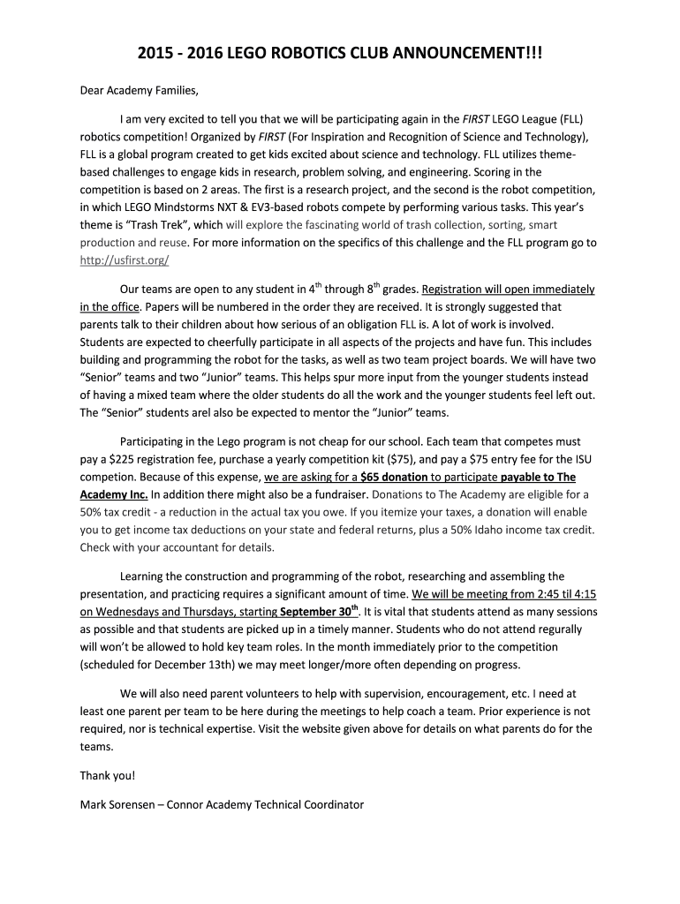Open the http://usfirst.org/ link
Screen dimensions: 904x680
point(124,260)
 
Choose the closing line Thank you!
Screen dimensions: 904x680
point(108,776)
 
